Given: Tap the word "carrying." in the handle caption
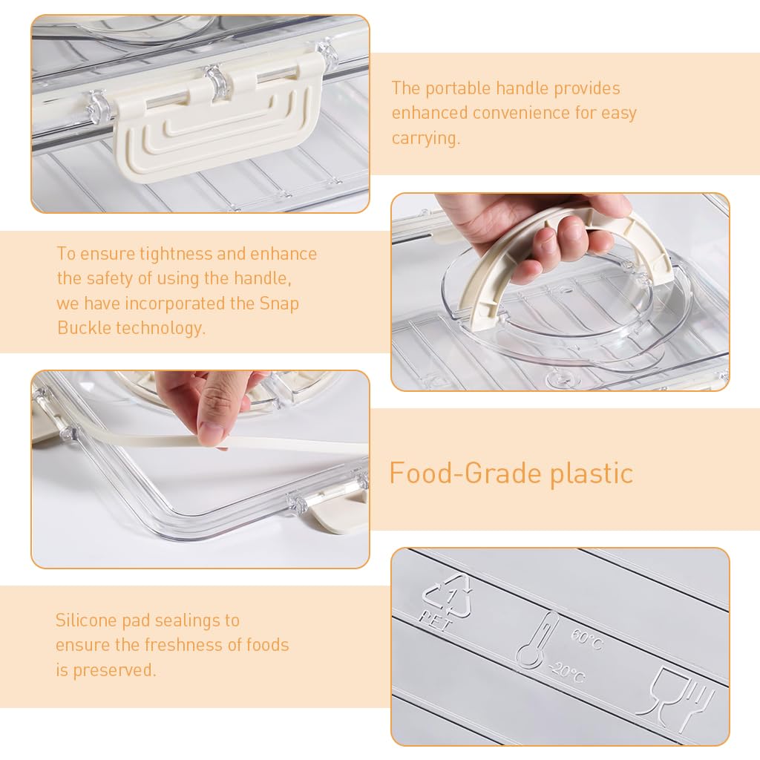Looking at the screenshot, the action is point(425,138).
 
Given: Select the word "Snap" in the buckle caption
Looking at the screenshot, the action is point(279,304).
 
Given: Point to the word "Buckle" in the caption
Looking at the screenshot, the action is point(85,327).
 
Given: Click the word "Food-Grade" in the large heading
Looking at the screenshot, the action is point(465,473).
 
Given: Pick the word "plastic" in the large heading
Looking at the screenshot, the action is point(592,473).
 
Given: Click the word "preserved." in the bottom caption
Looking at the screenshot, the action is point(114,670).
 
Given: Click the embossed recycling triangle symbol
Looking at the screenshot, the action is point(448,596).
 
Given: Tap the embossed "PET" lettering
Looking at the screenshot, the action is point(434,621).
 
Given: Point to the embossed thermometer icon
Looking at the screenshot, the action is point(536,639).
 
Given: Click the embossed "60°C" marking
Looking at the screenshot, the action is point(588,639).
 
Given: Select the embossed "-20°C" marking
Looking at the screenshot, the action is point(568,672).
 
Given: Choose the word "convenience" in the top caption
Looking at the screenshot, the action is point(521,113).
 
